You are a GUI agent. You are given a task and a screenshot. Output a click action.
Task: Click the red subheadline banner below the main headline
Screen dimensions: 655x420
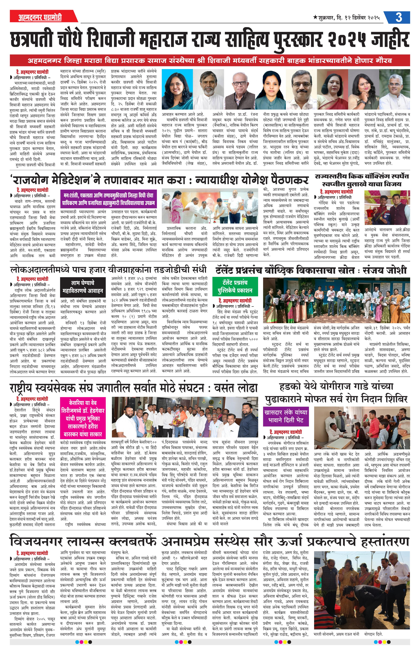tap(210, 60)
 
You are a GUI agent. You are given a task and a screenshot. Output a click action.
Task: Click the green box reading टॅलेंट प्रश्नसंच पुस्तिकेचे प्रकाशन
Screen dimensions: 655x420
tap(235, 286)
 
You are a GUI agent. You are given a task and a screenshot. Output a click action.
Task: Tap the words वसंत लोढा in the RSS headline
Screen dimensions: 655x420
tap(236, 388)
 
